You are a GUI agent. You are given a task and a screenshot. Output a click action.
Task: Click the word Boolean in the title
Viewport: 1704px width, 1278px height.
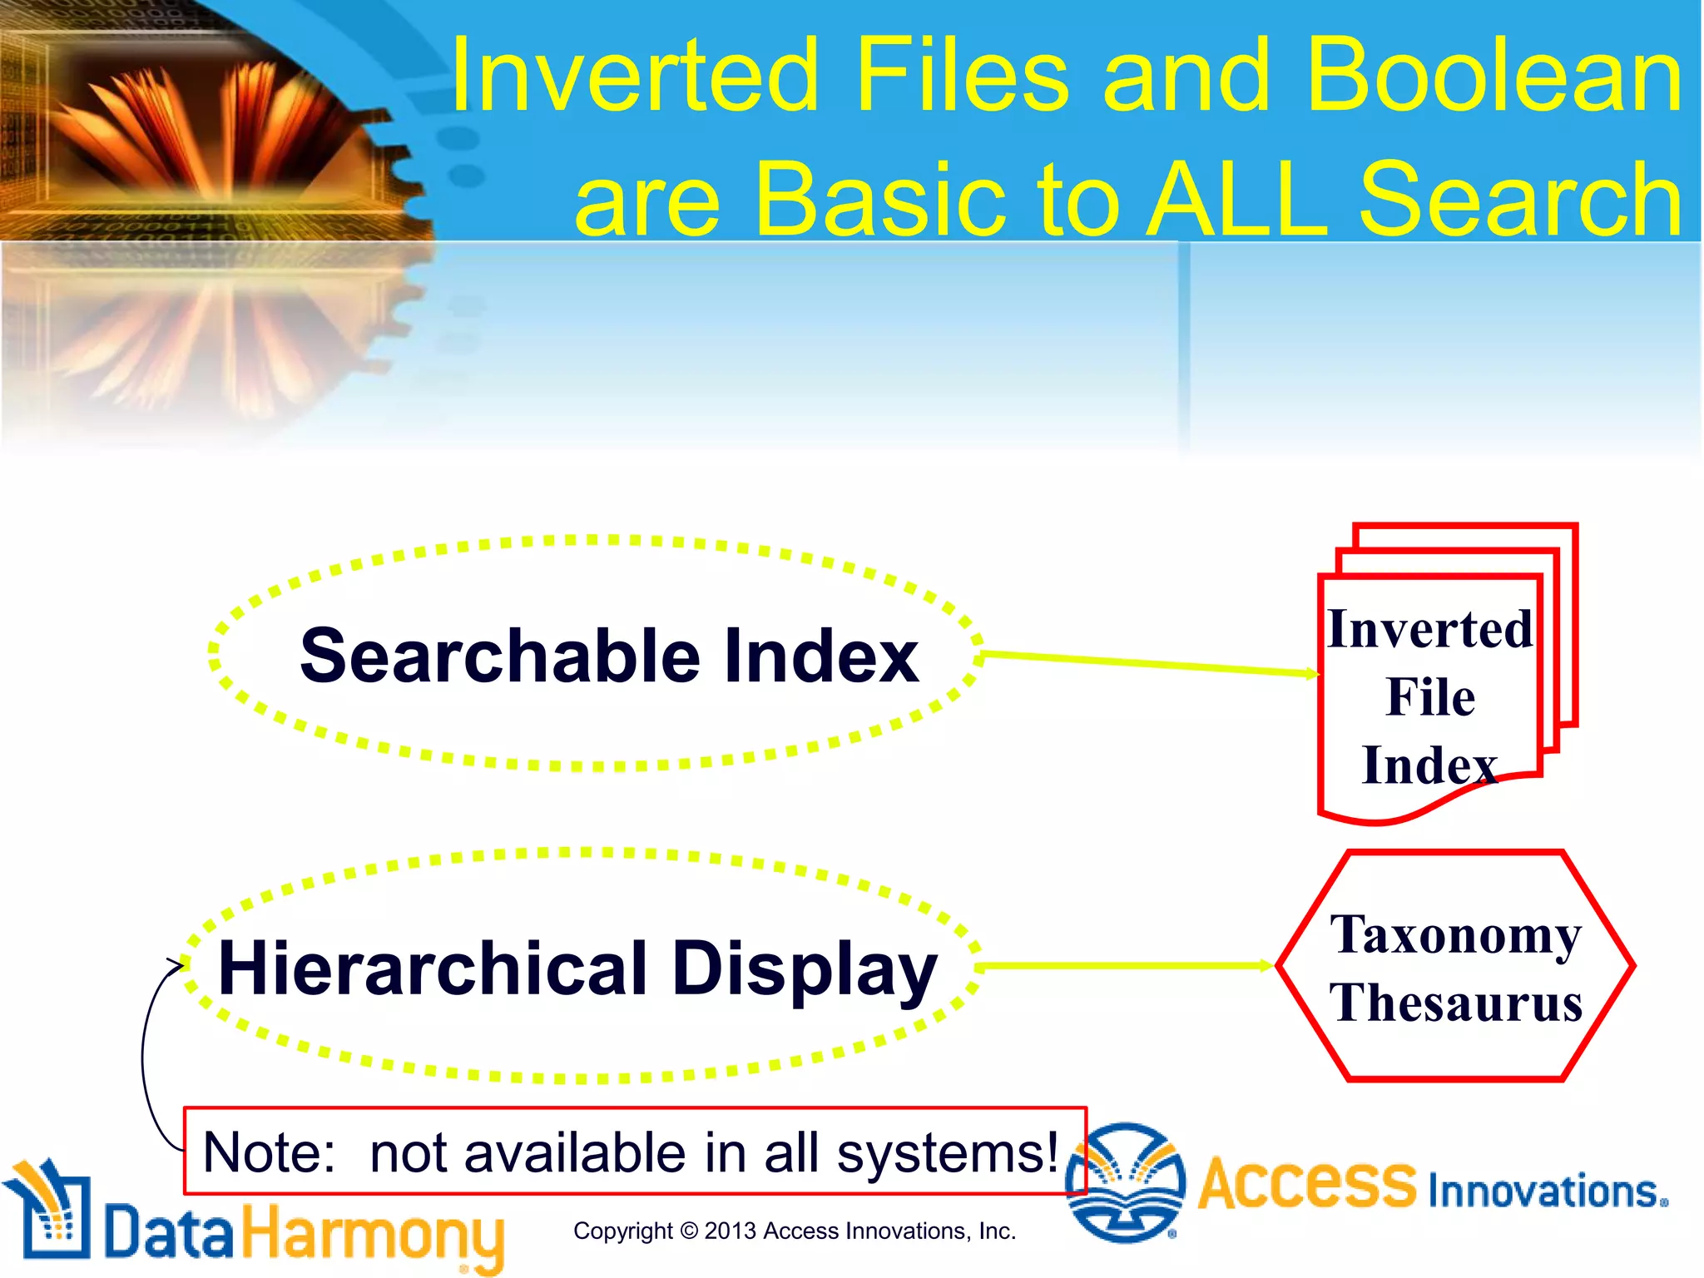pos(1493,77)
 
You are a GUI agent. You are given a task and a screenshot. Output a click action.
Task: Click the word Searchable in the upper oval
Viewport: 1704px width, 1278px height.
pos(499,657)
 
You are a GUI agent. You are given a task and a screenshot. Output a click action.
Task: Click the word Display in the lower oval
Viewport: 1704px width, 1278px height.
pos(804,969)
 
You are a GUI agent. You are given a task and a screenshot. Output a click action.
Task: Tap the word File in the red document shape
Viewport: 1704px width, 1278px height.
pos(1430,697)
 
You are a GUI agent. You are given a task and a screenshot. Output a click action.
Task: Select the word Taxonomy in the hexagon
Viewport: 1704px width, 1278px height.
pos(1455,936)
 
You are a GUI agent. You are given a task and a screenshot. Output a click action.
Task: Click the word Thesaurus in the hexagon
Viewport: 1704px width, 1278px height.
pos(1455,1003)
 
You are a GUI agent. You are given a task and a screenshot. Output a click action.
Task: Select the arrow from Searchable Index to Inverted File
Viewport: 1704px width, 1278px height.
pos(1148,663)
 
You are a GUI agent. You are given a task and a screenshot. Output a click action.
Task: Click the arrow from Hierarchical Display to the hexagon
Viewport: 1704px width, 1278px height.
pos(1123,966)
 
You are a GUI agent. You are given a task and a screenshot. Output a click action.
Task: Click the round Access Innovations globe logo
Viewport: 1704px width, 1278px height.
pos(1126,1182)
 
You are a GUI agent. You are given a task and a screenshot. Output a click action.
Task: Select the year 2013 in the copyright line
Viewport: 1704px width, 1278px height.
pos(731,1231)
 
